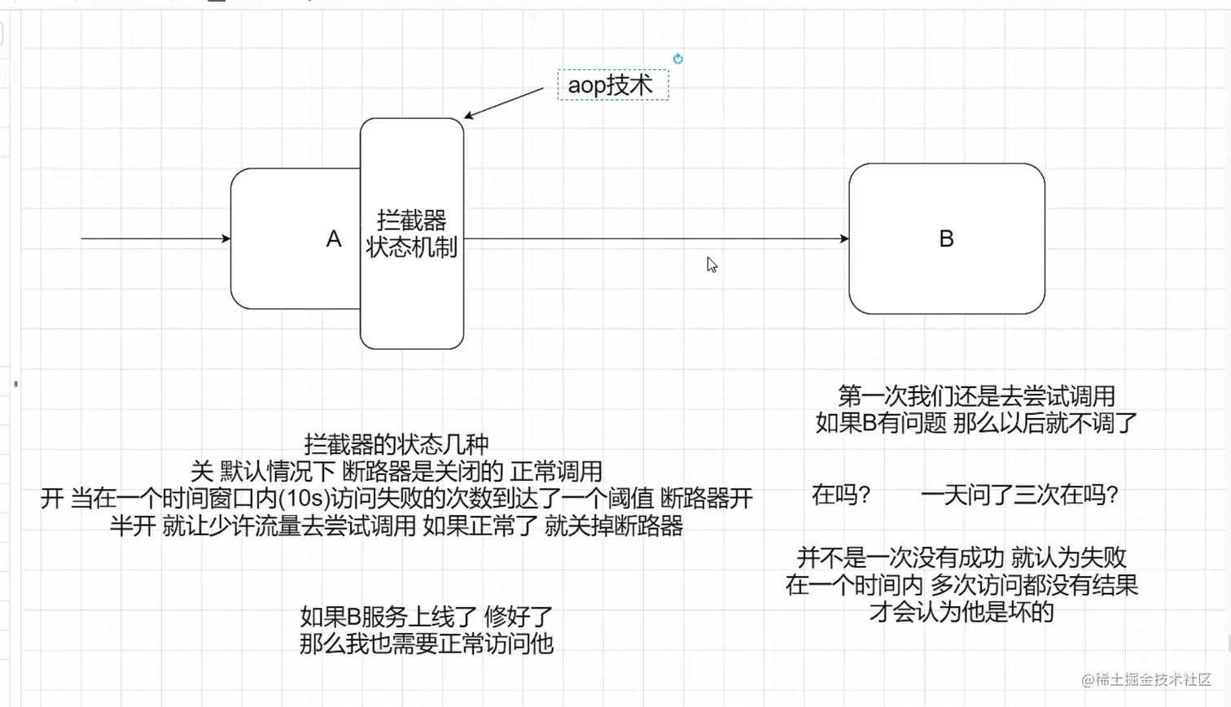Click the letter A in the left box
(334, 239)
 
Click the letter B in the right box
(946, 239)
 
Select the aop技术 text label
(611, 85)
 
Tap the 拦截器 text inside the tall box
(412, 220)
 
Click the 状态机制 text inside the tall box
(412, 247)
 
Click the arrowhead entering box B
(844, 238)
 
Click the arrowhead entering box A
(226, 238)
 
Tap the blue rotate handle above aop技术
(677, 59)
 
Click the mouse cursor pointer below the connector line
(712, 264)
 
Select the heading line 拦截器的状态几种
(396, 444)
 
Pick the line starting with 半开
(396, 526)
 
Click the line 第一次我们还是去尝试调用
(976, 396)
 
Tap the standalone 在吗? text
(842, 494)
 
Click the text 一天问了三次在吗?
(1019, 494)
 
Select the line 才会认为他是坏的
(962, 612)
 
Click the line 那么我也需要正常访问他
(427, 644)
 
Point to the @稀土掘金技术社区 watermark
(1146, 679)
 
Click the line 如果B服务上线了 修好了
(427, 616)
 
